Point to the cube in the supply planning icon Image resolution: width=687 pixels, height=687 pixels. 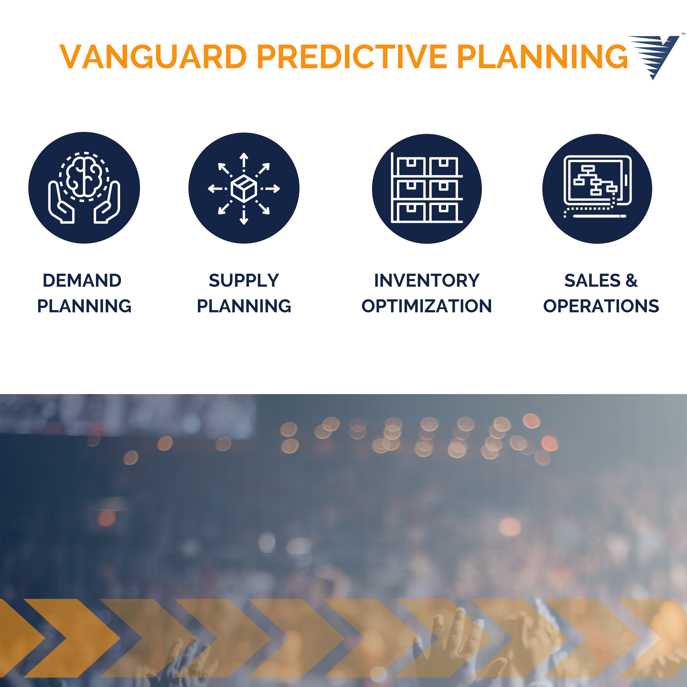tap(244, 188)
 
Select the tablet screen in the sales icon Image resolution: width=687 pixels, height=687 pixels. tap(595, 180)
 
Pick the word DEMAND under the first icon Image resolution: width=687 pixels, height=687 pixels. tap(82, 281)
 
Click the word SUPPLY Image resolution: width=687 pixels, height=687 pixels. tap(244, 281)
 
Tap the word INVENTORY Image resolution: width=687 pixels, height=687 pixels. tap(427, 281)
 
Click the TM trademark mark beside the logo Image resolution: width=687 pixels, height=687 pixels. tap(683, 34)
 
